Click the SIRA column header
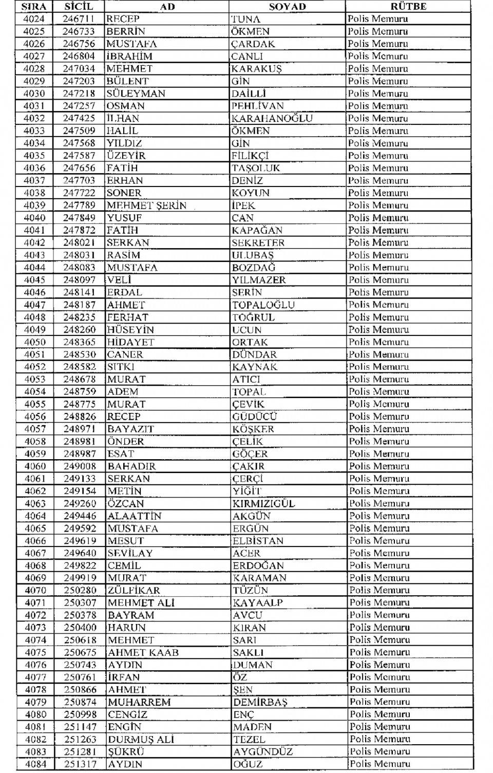coord(34,7)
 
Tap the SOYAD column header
coord(287,7)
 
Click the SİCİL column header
coord(79,7)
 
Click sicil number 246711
coord(79,19)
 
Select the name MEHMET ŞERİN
coord(146,205)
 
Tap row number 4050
coord(34,342)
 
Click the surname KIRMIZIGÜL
coord(263,503)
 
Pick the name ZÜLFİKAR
coord(134,591)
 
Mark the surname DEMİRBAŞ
coord(260,702)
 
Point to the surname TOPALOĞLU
coord(263,305)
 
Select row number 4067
coord(35,553)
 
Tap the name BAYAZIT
coord(130,429)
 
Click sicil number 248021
coord(79,242)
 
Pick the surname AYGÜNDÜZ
coord(262,751)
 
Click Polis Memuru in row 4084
coord(380,764)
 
